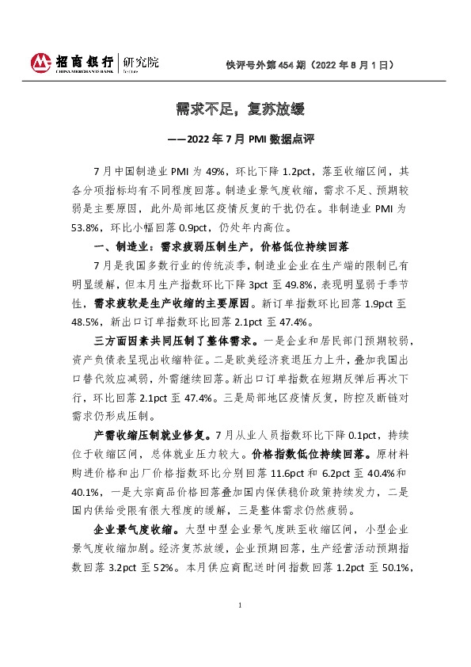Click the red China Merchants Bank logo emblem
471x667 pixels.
pyautogui.click(x=41, y=62)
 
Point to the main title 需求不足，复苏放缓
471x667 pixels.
pyautogui.click(x=235, y=109)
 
